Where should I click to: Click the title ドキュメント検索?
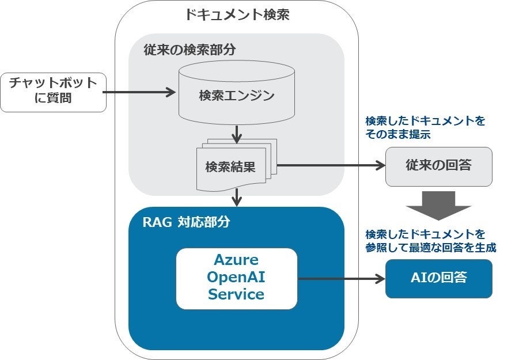[x=237, y=15]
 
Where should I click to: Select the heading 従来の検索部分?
[x=190, y=50]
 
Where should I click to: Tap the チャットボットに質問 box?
[x=54, y=92]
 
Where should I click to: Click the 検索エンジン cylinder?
[x=237, y=92]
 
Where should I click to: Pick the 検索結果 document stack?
[x=237, y=165]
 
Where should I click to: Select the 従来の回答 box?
[x=438, y=166]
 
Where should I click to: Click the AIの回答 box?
[x=438, y=279]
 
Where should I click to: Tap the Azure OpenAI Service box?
[x=237, y=279]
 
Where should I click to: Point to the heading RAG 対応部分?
[x=186, y=222]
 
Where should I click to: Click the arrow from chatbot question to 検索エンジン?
[x=139, y=92]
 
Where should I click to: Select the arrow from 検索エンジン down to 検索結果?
[x=237, y=134]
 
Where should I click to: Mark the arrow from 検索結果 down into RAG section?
[x=237, y=198]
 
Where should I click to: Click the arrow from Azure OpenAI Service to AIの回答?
[x=341, y=279]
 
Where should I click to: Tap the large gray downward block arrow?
[x=438, y=206]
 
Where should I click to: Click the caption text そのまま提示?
[x=398, y=134]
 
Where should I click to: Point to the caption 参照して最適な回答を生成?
[x=431, y=248]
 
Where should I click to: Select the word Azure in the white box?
[x=236, y=260]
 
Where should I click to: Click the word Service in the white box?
[x=236, y=294]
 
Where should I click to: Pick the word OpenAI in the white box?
[x=236, y=277]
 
